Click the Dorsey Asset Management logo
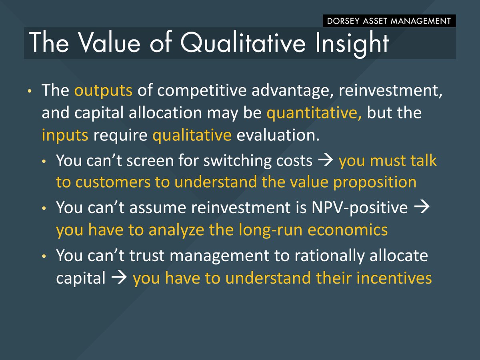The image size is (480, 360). [x=389, y=21]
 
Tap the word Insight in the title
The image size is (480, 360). [x=352, y=44]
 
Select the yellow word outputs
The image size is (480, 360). [x=103, y=91]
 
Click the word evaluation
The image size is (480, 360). [x=278, y=135]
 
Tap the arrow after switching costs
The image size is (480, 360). [x=325, y=160]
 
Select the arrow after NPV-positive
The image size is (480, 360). [x=422, y=207]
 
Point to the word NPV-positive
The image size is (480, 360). [x=360, y=208]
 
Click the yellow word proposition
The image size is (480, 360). [x=374, y=183]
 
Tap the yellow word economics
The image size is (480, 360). [x=348, y=230]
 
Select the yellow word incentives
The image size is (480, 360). [x=394, y=278]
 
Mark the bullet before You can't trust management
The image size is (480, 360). [x=44, y=256]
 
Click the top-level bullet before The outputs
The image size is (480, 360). [x=30, y=91]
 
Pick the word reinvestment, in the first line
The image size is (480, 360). [x=390, y=91]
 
